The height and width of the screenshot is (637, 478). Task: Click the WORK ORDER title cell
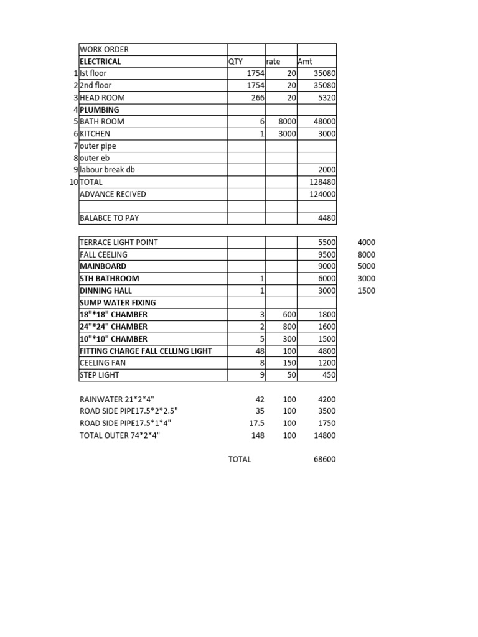[x=105, y=49]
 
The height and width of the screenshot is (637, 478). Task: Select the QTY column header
[x=237, y=62]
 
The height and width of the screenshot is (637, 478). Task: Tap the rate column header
[x=273, y=62]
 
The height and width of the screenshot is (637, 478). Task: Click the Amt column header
[x=306, y=62]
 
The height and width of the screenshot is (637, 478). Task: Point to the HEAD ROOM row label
[x=102, y=98]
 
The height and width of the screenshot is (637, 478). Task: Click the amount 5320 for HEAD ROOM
[x=326, y=98]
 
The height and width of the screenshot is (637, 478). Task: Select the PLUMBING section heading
[x=100, y=109]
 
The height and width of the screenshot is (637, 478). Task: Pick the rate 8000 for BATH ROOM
[x=286, y=122]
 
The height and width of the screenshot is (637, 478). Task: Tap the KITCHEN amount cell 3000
[x=326, y=134]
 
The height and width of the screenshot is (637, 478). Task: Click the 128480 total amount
[x=323, y=182]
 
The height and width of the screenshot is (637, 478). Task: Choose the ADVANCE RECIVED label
[x=113, y=194]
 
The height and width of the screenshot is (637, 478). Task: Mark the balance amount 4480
[x=326, y=218]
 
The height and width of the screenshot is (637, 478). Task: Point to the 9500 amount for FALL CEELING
[x=326, y=254]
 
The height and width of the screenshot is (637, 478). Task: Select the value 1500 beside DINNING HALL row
[x=367, y=291]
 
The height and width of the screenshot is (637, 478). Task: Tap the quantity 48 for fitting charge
[x=260, y=351]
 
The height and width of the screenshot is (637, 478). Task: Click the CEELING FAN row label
[x=103, y=363]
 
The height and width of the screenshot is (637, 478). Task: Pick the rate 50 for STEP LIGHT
[x=291, y=375]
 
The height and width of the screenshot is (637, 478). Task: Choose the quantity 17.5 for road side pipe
[x=256, y=423]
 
